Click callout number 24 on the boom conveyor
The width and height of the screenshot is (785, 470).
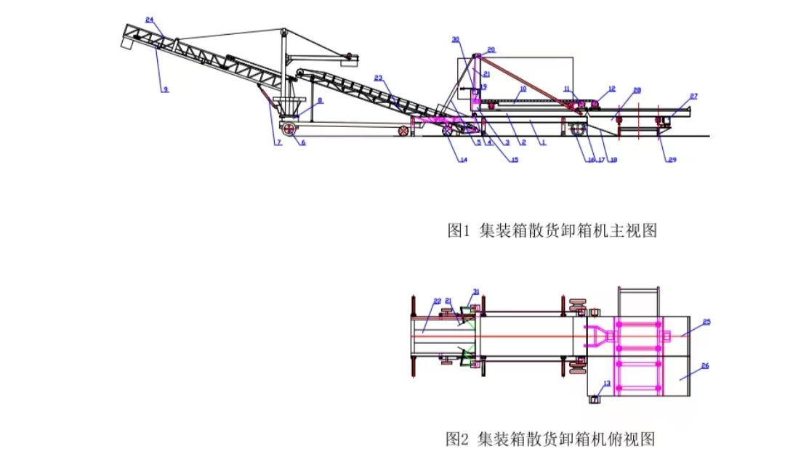pos(149,20)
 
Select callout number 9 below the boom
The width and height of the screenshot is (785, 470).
pos(165,89)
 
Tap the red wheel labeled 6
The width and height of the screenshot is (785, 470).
pos(289,129)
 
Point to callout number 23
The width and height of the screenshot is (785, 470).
pos(379,78)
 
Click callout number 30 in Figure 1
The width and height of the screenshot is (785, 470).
pos(456,39)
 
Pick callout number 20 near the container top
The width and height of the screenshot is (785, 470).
pos(491,49)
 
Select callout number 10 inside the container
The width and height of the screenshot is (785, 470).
pos(522,89)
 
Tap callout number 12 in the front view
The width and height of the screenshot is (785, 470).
pos(611,89)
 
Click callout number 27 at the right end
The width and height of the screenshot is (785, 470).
pos(693,96)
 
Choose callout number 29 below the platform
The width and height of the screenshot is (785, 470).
pos(672,159)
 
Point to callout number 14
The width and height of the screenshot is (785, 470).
pos(463,160)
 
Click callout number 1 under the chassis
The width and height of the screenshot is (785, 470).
pos(543,143)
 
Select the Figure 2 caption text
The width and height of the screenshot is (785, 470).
pos(551,439)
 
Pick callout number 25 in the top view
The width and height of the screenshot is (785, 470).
pos(706,321)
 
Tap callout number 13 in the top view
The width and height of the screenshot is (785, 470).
pos(607,383)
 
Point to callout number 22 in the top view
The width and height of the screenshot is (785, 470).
pos(437,299)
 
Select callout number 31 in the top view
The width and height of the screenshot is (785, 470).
pos(476,292)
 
